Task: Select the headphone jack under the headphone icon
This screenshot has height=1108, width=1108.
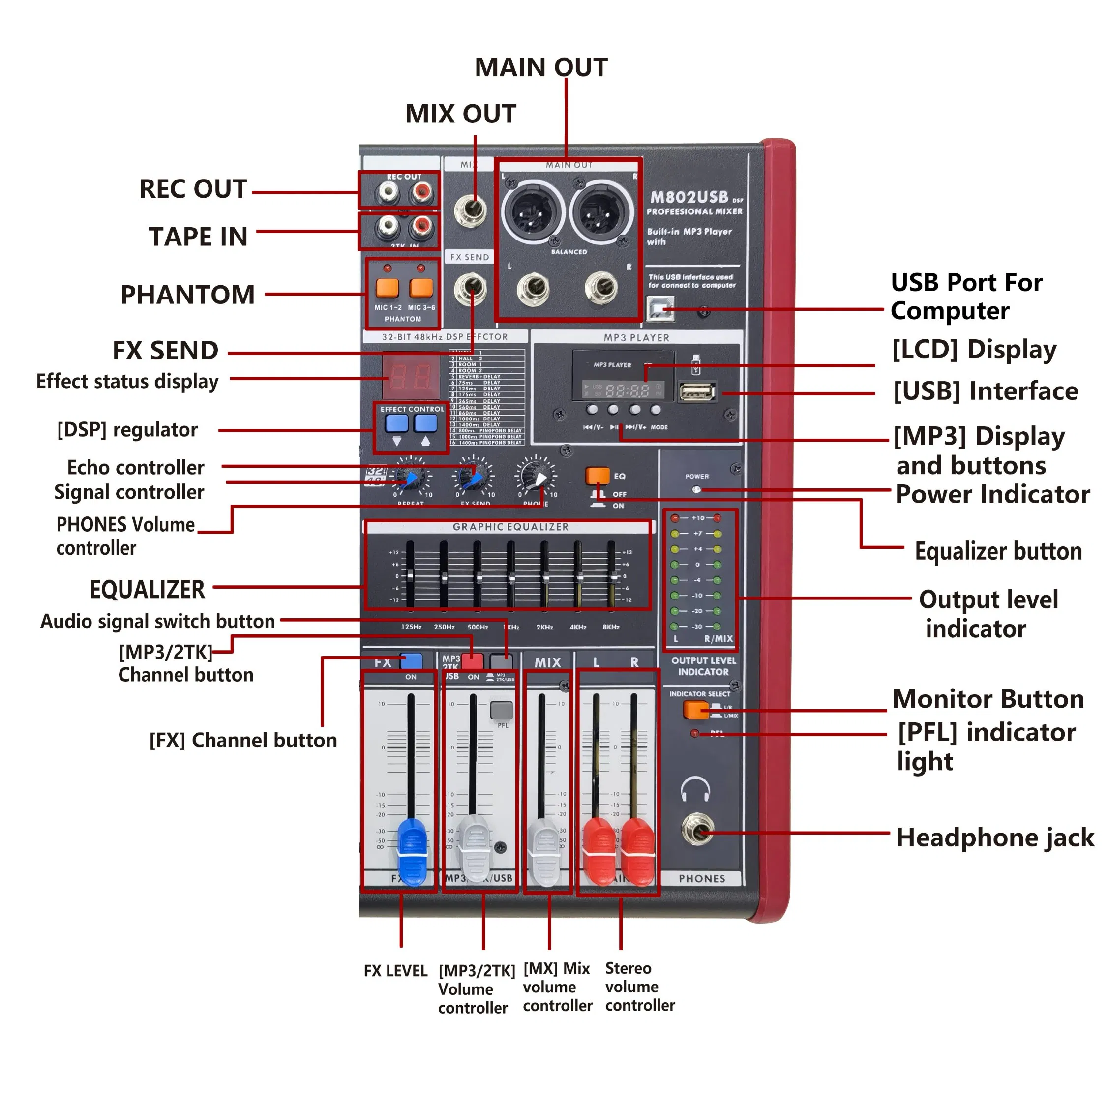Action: click(696, 830)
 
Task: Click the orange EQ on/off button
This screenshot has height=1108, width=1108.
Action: click(598, 476)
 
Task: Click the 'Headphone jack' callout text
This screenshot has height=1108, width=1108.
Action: click(994, 838)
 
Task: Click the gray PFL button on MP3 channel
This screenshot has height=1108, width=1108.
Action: click(502, 710)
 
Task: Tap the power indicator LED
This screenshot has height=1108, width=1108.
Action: click(696, 490)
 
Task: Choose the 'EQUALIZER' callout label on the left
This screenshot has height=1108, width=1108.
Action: click(148, 590)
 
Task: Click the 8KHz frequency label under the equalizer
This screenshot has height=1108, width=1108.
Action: click(611, 627)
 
